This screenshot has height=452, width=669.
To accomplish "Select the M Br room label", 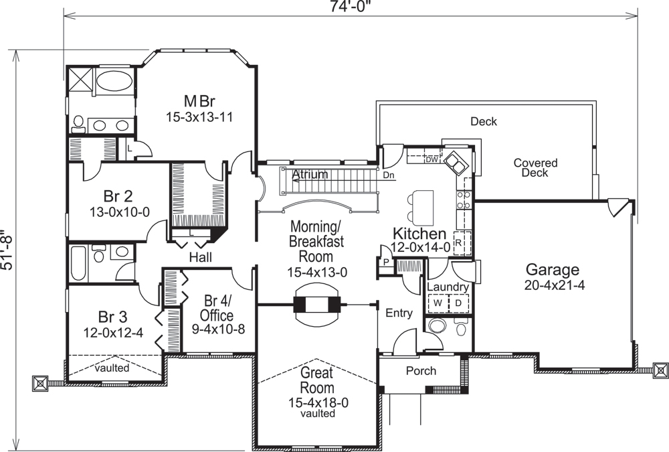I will coord(199,102).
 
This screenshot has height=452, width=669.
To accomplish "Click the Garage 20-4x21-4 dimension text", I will coord(552,286).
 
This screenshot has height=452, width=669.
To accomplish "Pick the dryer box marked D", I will coord(459,303).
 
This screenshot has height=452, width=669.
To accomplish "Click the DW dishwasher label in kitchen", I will coord(431,159).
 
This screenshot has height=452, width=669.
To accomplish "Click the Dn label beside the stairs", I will coord(389,175).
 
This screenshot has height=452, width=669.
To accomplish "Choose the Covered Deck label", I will coord(535,168).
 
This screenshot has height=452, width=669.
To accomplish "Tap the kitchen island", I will coord(423,208).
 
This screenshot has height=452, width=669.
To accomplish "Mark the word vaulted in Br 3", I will coord(112,368).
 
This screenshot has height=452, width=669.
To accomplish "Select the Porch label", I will coord(421,371).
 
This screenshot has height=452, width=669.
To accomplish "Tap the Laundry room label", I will coord(448,287).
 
